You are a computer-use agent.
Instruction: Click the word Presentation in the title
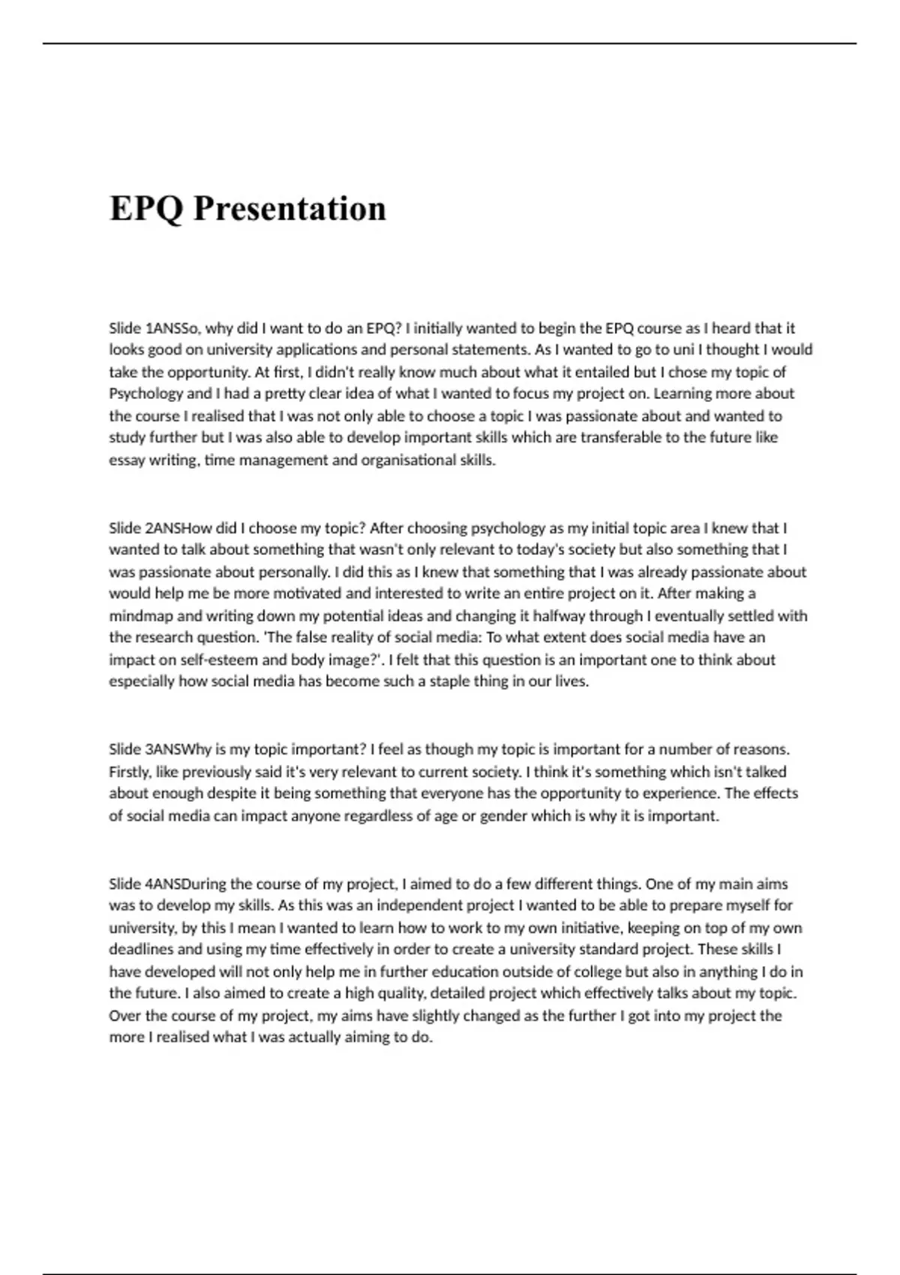point(289,208)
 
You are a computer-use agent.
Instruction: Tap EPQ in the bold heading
point(146,208)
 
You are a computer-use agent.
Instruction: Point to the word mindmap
point(141,616)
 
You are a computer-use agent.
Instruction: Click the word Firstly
point(129,772)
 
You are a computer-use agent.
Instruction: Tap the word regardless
point(379,816)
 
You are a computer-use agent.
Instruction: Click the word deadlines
point(141,949)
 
